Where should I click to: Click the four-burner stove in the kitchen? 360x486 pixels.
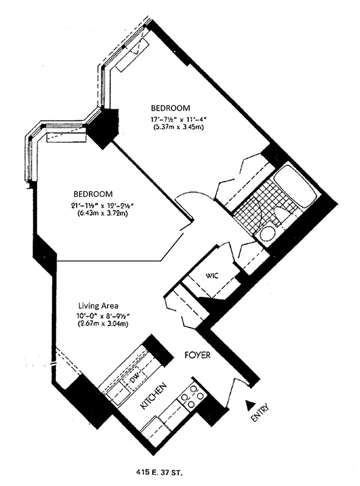191,395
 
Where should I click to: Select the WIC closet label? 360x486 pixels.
212,275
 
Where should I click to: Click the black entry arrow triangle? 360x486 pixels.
249,403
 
